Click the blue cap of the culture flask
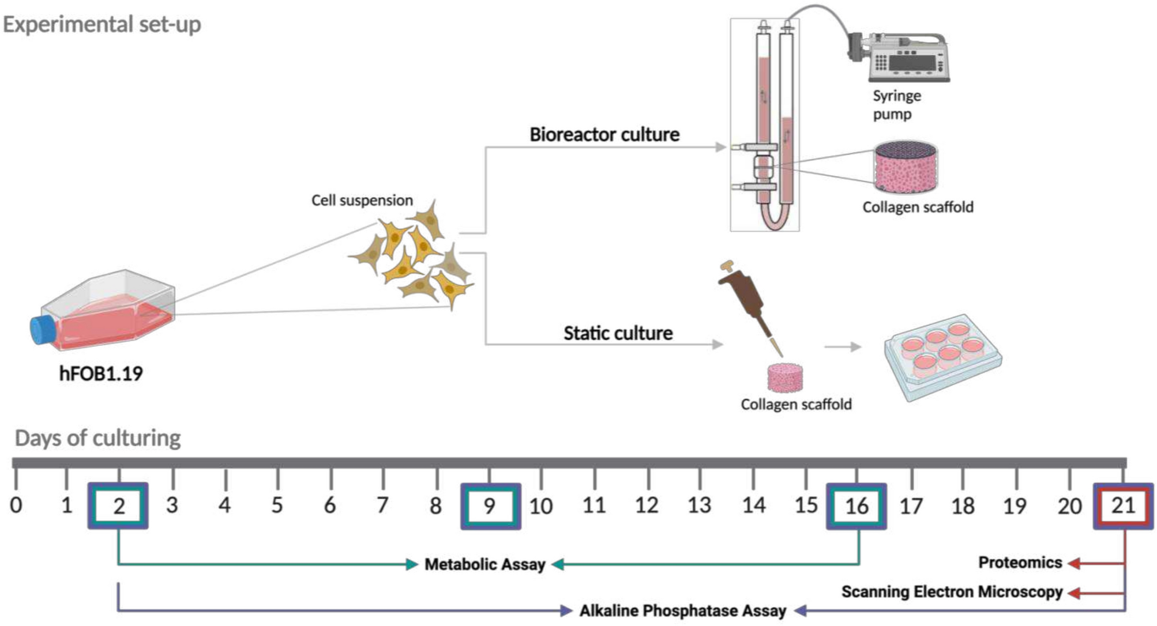point(42,330)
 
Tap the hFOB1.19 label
point(101,374)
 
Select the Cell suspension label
point(362,200)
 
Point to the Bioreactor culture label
point(604,134)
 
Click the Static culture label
point(618,333)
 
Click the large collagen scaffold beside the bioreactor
point(906,167)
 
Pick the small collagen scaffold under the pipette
point(785,378)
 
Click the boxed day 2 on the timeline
point(118,506)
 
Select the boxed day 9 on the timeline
point(490,506)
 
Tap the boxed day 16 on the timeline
point(857,506)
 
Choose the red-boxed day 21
point(1123,506)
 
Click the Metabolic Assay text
point(484,564)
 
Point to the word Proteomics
point(1020,562)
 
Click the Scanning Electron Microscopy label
point(952,591)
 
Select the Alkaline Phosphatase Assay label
point(682,610)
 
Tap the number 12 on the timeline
point(647,506)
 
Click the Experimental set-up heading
point(102,24)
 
